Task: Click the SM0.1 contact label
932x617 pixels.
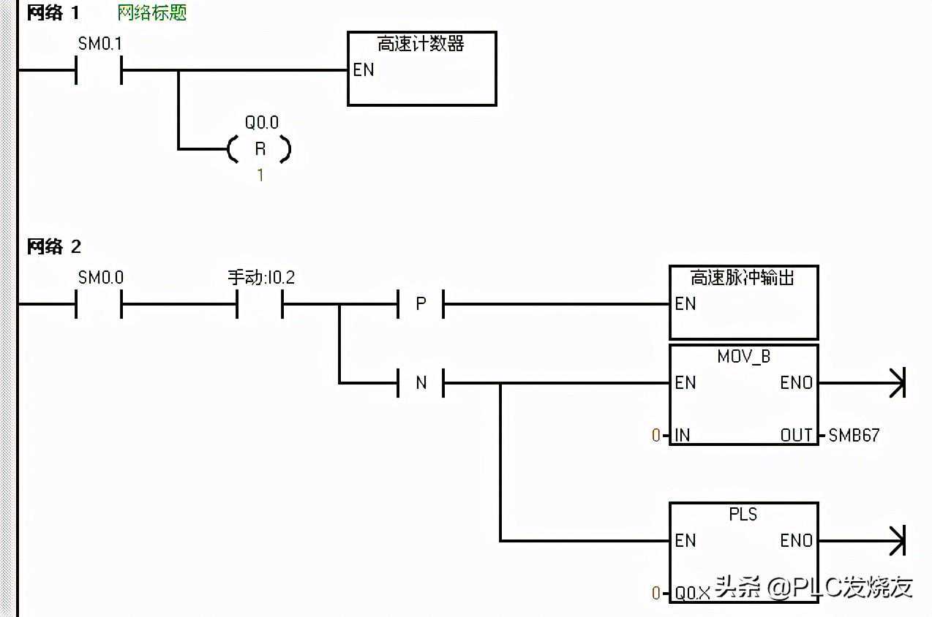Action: [x=100, y=44]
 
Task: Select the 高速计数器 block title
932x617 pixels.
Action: [x=421, y=44]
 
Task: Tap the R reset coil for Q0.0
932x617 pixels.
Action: [x=260, y=149]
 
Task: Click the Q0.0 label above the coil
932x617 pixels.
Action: [x=261, y=123]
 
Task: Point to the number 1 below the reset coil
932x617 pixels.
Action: [x=260, y=175]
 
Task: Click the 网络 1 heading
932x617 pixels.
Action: [x=53, y=13]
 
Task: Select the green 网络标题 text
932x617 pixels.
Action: [x=152, y=13]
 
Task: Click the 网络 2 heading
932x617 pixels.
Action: [x=53, y=246]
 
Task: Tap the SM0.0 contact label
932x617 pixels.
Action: [x=100, y=278]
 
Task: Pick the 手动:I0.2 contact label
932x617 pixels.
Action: [x=261, y=278]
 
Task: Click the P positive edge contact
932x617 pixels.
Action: [x=421, y=303]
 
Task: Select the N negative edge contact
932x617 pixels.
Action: [x=421, y=382]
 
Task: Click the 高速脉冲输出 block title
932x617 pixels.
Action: [x=743, y=278]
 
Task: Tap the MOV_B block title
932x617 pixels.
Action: [x=743, y=357]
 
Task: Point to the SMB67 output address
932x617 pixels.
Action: [x=854, y=436]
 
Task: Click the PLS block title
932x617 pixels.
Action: [x=743, y=515]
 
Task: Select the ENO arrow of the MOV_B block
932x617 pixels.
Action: [x=897, y=382]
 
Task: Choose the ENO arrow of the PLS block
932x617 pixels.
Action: [x=897, y=540]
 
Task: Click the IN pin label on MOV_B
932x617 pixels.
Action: [x=683, y=436]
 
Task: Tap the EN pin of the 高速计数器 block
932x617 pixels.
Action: [x=364, y=70]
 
